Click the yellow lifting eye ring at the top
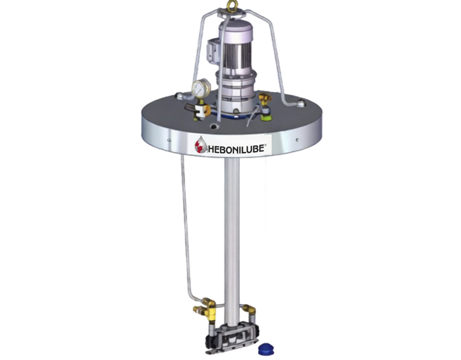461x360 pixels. tap(231, 5)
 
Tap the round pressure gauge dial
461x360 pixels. tap(201, 87)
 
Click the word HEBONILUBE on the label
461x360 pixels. tap(238, 148)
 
